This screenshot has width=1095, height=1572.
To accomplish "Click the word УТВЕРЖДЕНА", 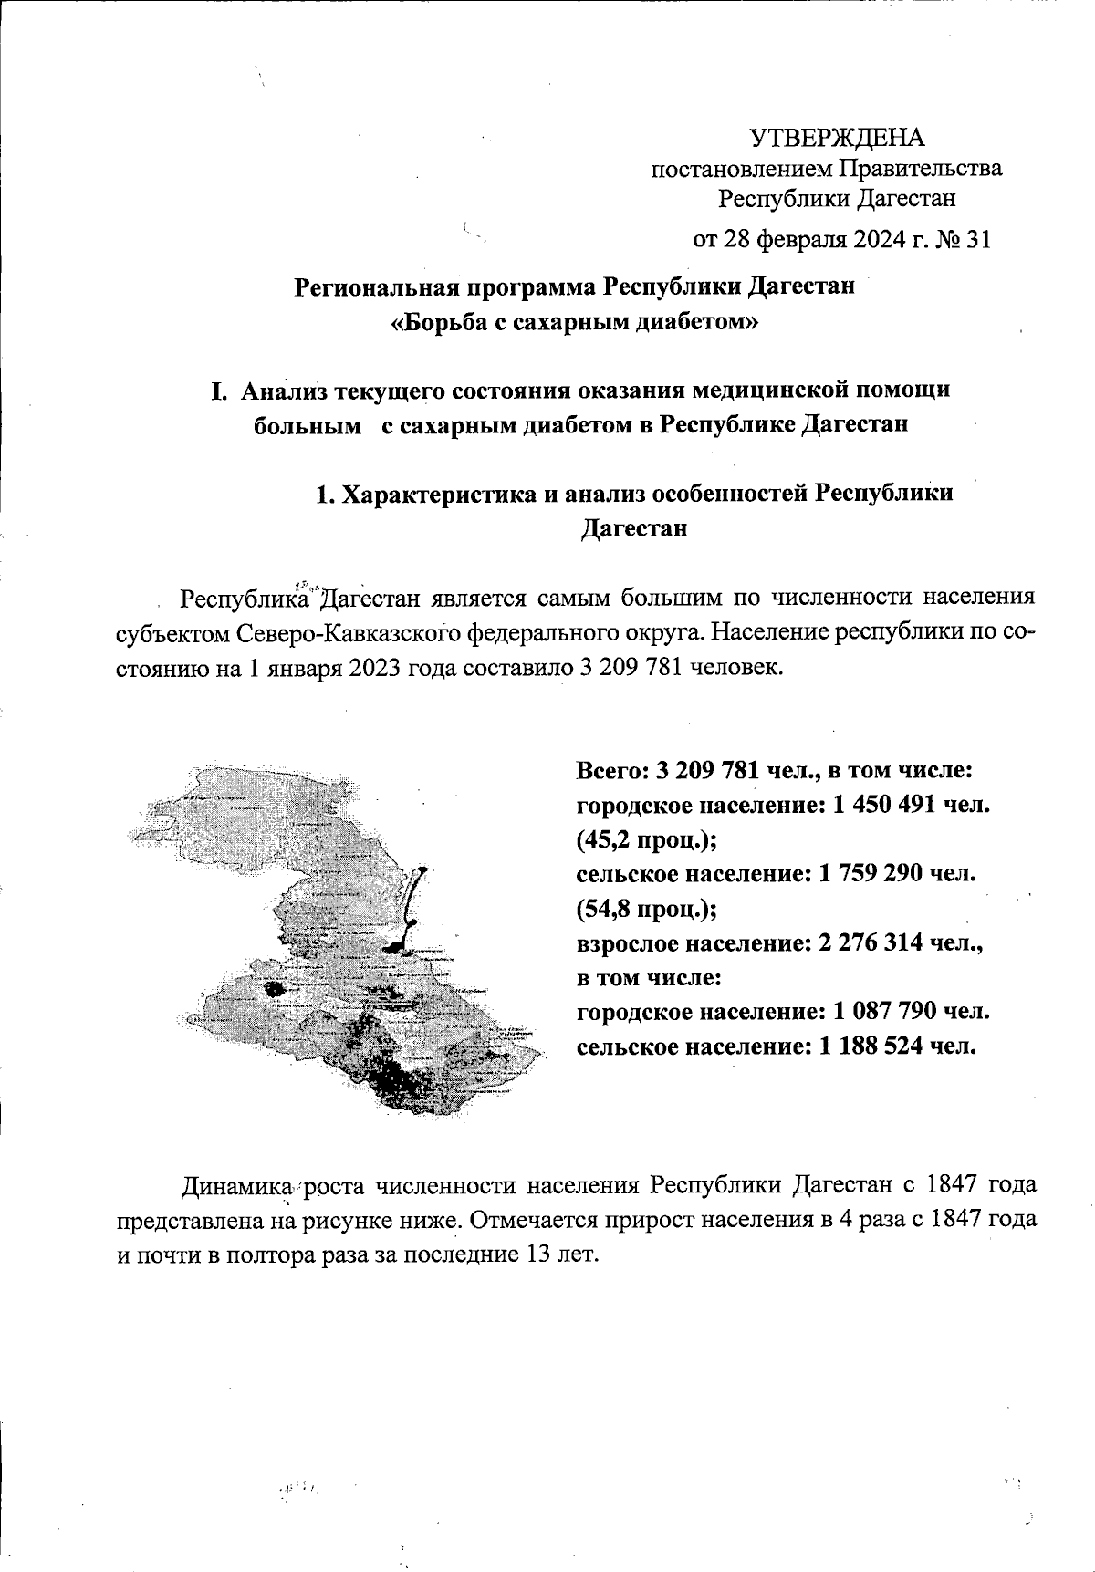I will (x=836, y=138).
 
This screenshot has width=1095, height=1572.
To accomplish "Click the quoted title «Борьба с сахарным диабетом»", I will (x=574, y=322).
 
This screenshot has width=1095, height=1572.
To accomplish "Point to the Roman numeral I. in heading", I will (x=218, y=391).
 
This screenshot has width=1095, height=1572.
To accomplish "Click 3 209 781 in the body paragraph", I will (x=633, y=666).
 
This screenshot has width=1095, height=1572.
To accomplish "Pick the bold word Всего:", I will (x=609, y=770).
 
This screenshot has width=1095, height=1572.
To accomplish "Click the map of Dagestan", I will (x=347, y=949).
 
